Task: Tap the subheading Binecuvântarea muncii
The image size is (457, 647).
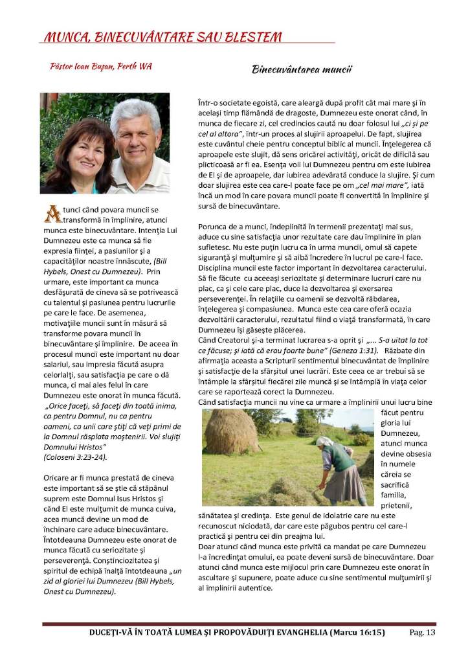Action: [301, 69]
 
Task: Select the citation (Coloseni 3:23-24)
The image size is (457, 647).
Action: [75, 457]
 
